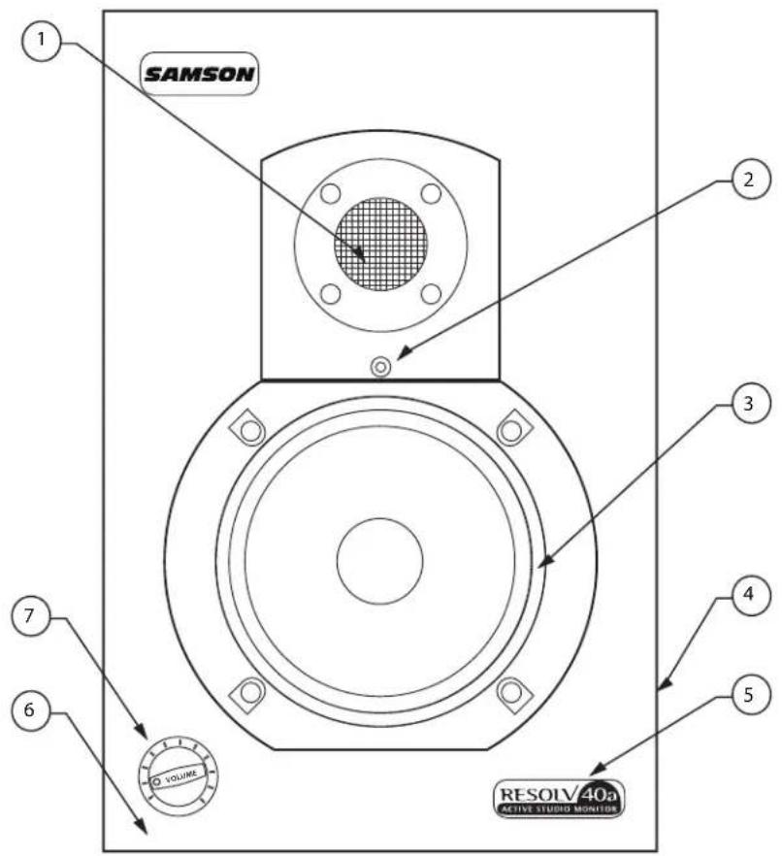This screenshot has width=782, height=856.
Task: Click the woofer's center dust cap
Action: point(379,560)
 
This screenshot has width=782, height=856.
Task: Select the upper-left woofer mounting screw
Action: point(250,427)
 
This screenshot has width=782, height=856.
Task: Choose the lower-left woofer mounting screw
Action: point(250,692)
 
